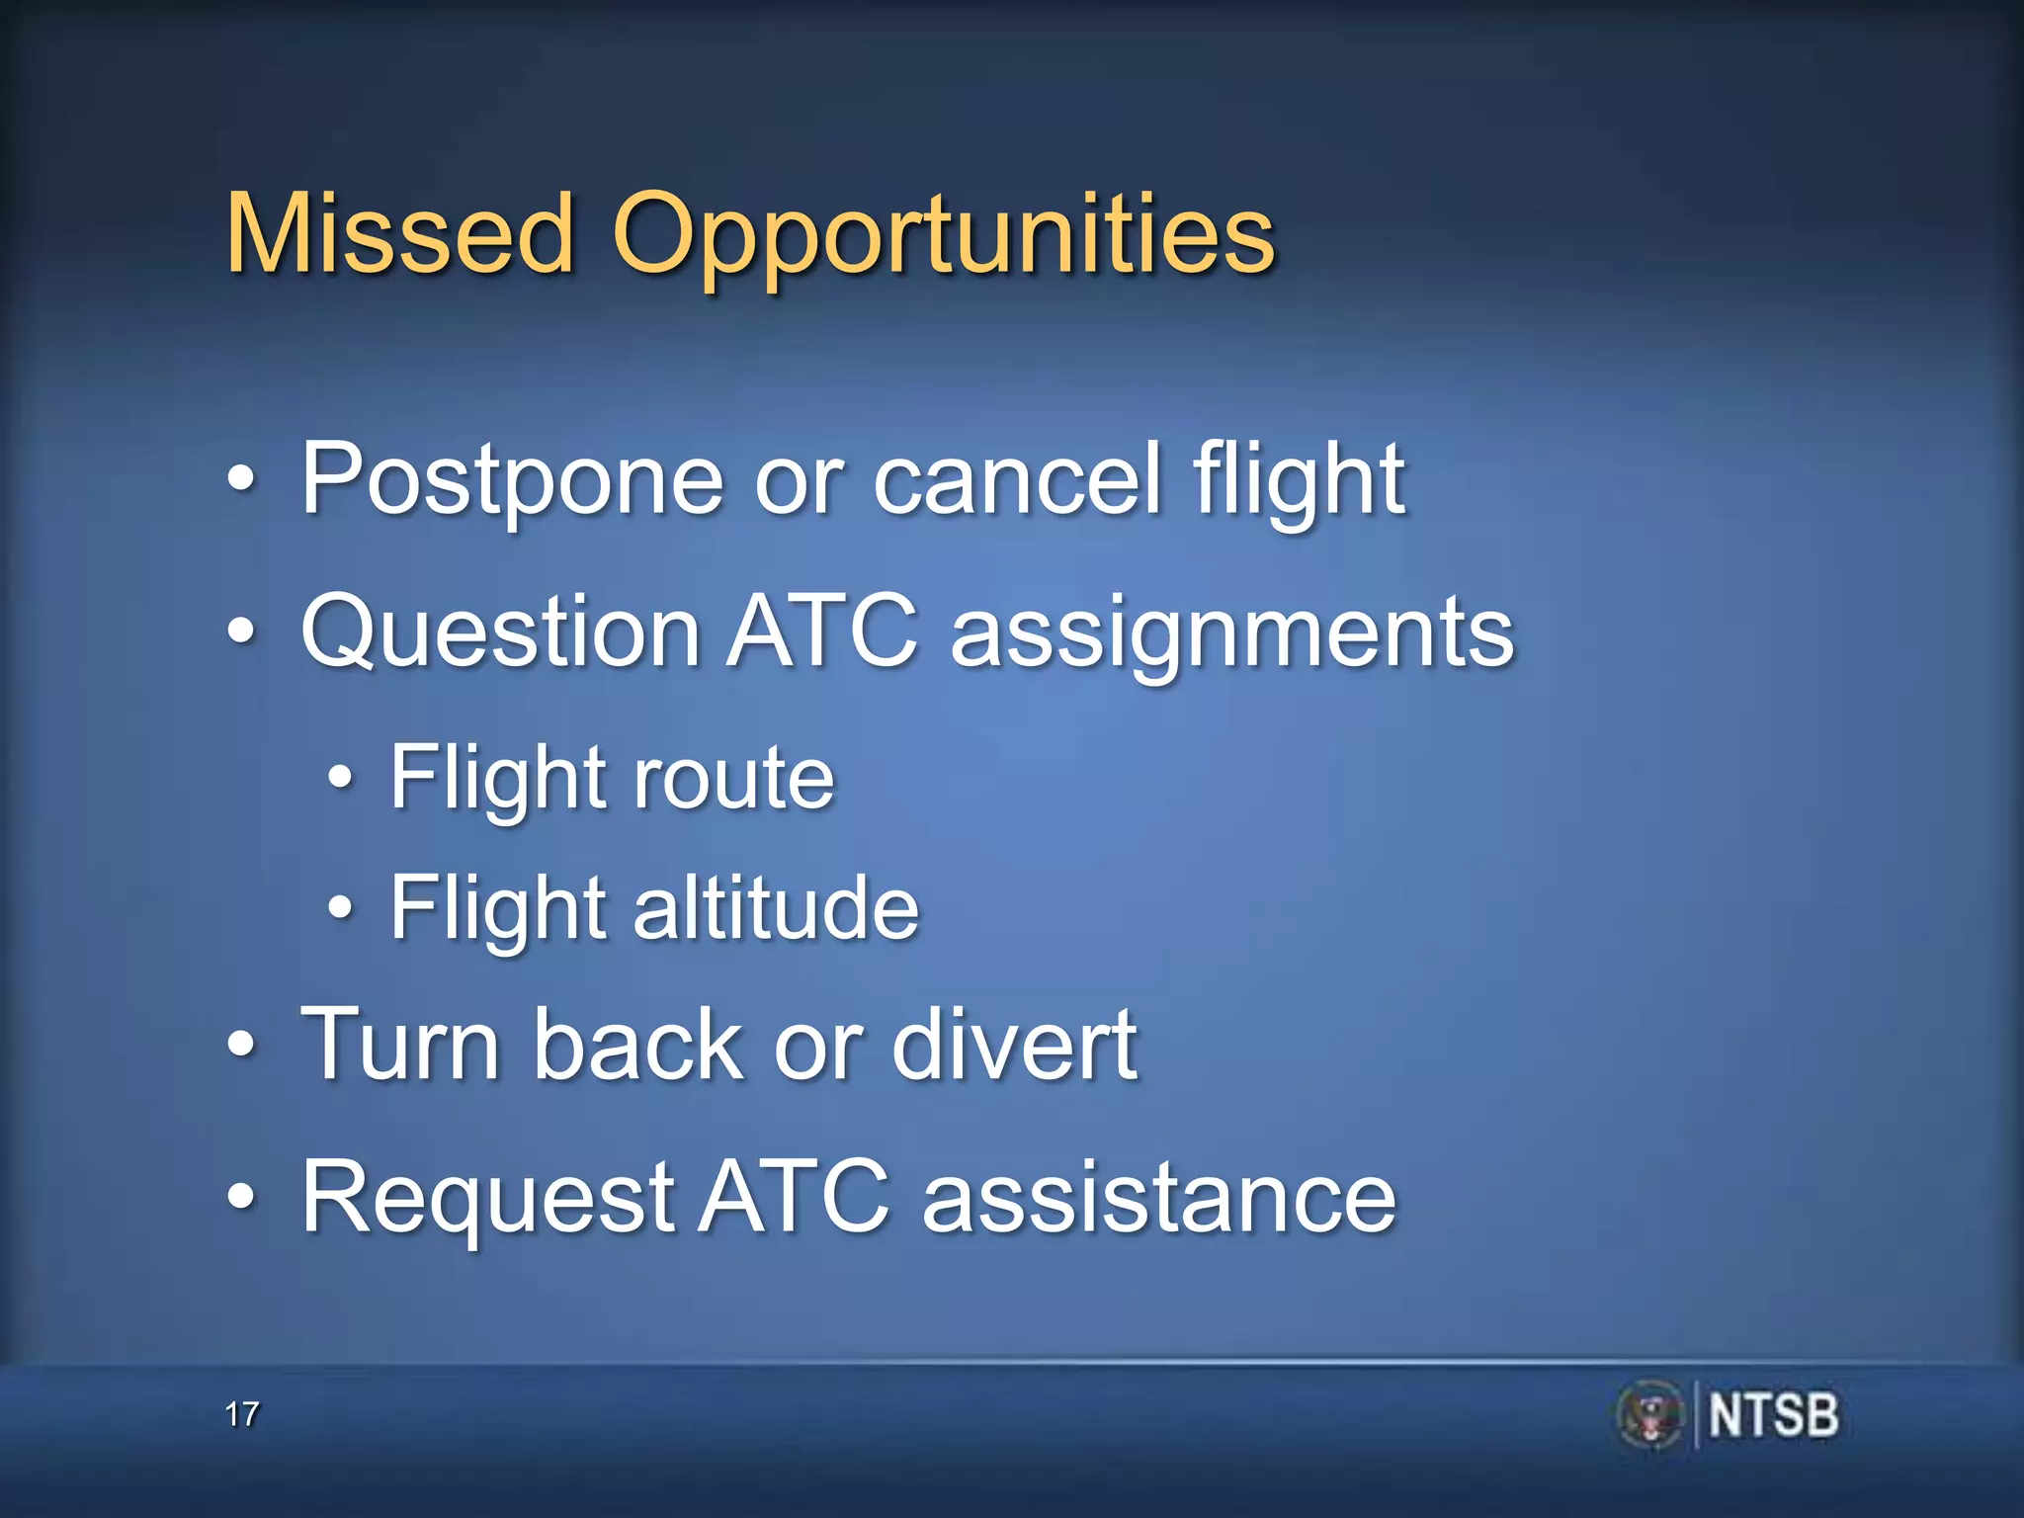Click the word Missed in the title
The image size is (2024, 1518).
tap(400, 234)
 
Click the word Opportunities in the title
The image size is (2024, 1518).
tap(944, 237)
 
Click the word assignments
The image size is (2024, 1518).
tap(1231, 635)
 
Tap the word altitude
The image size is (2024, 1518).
tap(776, 908)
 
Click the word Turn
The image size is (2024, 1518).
tap(400, 1045)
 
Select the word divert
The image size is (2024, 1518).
tap(1014, 1045)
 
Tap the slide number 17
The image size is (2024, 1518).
tap(241, 1414)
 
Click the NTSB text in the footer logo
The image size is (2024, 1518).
tap(1773, 1415)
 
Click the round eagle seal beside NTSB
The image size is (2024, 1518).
tap(1649, 1415)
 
